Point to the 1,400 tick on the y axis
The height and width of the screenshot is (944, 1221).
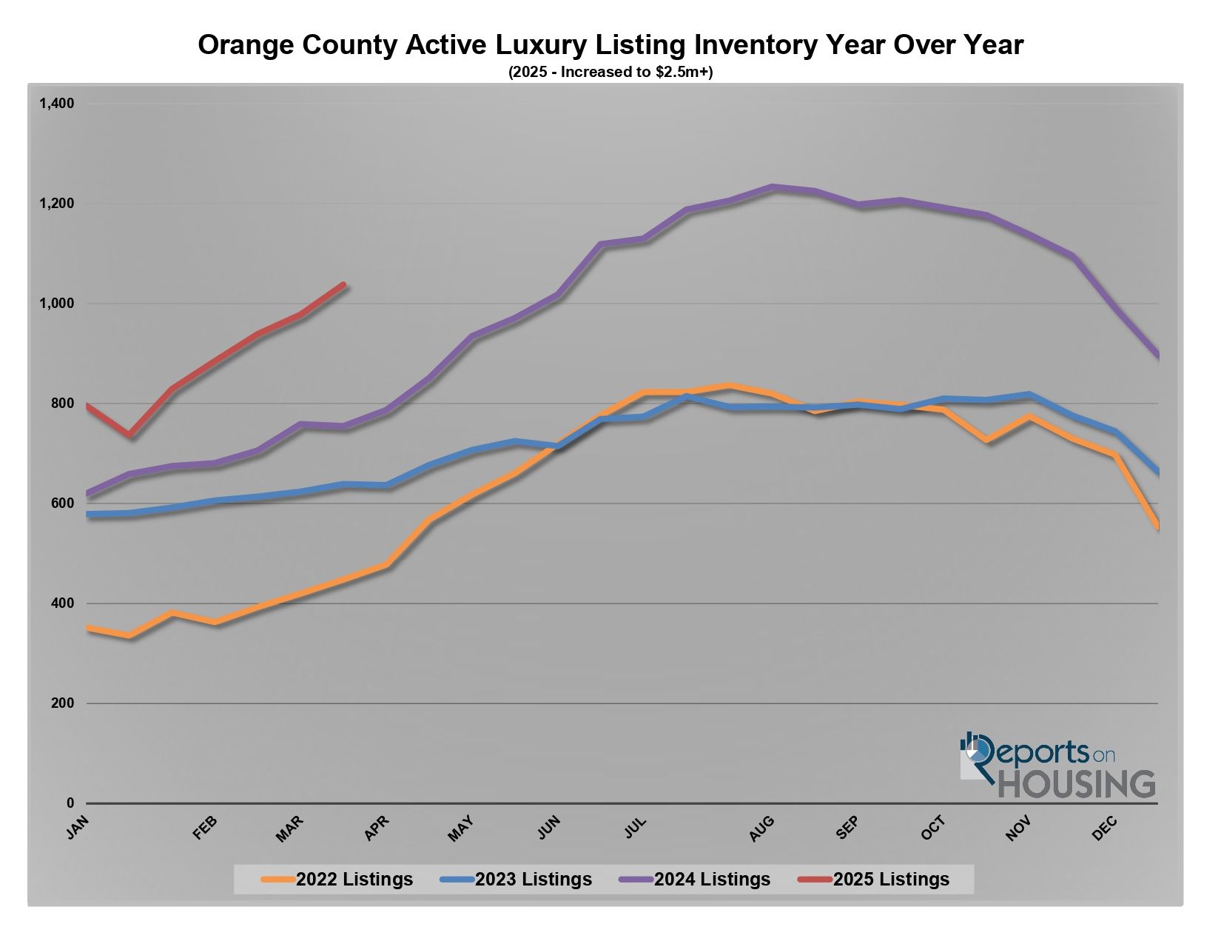[56, 104]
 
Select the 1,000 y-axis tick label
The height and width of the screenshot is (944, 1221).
[56, 304]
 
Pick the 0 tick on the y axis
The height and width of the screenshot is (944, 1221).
[70, 803]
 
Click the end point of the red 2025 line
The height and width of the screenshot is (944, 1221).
[343, 284]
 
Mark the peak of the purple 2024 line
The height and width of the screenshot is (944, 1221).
[773, 187]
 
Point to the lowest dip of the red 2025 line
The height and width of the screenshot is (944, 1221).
[130, 435]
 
